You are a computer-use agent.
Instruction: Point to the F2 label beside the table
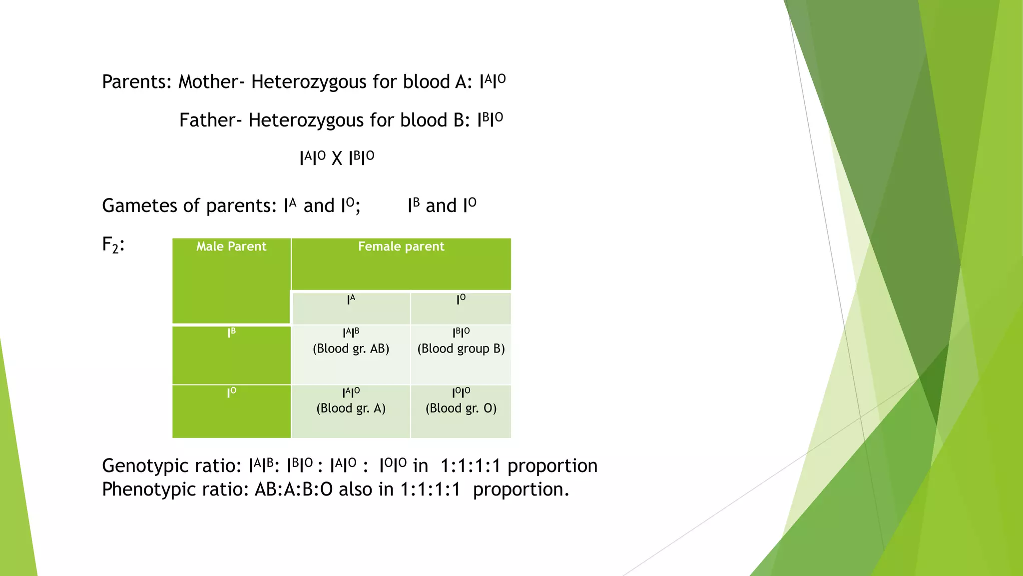[113, 245]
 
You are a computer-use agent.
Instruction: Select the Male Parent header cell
[231, 246]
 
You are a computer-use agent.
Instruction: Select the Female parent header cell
[401, 246]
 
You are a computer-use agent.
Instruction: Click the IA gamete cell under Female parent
[351, 300]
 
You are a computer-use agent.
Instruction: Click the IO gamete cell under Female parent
[461, 300]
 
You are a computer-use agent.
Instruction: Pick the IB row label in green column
[231, 333]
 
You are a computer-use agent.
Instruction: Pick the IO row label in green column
[231, 392]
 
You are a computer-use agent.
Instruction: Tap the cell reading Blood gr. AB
[351, 348]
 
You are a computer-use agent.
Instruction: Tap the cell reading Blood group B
[461, 348]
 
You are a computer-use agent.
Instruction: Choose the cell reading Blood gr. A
[351, 408]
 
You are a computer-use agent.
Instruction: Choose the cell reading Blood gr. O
[461, 408]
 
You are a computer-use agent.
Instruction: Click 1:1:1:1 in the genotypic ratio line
[470, 466]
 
